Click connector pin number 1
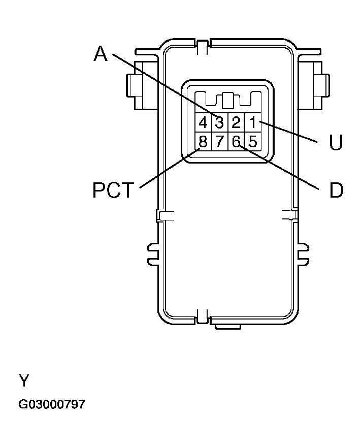click(x=253, y=122)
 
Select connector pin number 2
click(x=236, y=122)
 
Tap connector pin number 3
click(x=219, y=122)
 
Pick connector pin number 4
click(x=203, y=122)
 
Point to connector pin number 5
click(x=253, y=141)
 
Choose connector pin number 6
click(x=236, y=141)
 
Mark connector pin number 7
click(x=219, y=141)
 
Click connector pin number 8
click(x=203, y=141)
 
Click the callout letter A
click(x=101, y=53)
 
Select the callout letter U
click(x=336, y=143)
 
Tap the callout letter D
click(x=336, y=190)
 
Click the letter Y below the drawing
click(x=23, y=380)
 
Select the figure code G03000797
click(x=52, y=405)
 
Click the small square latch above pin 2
click(x=228, y=100)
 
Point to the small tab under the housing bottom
click(x=227, y=326)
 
